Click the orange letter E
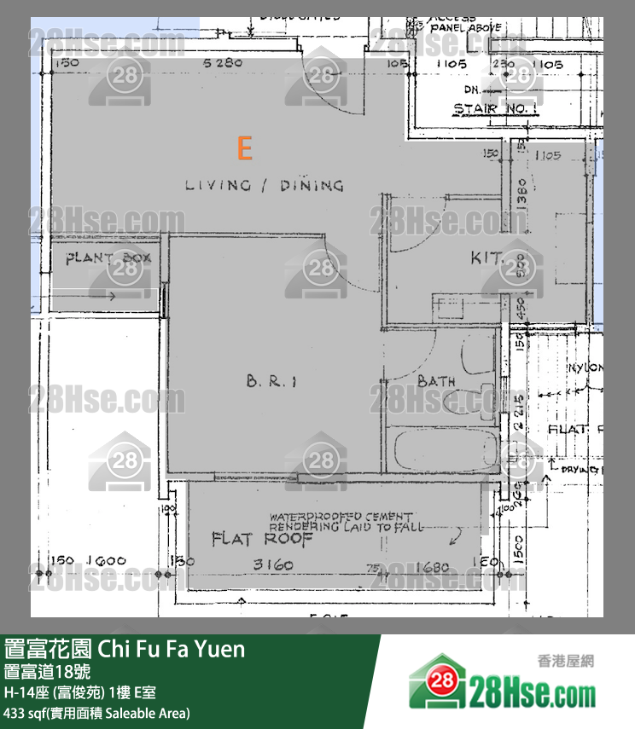tap(245, 149)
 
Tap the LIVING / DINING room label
tap(265, 185)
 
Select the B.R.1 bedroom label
tap(271, 382)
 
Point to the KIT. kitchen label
tap(487, 257)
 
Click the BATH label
tap(436, 381)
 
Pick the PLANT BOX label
tap(108, 257)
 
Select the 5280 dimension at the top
tap(224, 63)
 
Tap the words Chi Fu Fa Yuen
tap(172, 650)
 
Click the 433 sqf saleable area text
tap(97, 712)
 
